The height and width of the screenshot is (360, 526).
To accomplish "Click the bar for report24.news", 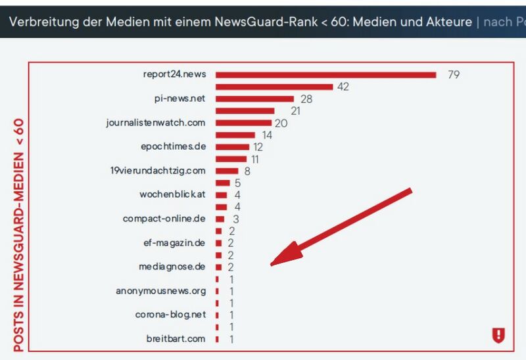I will (x=325, y=75).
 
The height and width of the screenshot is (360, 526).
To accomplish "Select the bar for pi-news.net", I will (x=254, y=99).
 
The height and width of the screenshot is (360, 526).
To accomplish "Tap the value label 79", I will (x=453, y=75).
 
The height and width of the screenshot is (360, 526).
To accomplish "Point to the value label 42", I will (x=343, y=87).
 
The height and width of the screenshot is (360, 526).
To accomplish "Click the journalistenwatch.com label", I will (x=156, y=123).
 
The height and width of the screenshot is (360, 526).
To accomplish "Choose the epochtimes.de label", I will (x=173, y=146).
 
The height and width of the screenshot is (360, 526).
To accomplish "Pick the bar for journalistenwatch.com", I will (x=243, y=123).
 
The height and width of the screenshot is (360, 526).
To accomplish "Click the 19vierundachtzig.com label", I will (x=158, y=171).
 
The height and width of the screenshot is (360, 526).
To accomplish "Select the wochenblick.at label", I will (x=172, y=195).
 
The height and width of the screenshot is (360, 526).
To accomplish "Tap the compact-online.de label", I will (x=164, y=219).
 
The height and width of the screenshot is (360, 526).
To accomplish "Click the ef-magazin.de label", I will (x=174, y=243).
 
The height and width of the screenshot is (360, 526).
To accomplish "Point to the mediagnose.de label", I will (x=172, y=267).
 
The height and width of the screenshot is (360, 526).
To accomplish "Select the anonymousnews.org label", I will (x=161, y=291).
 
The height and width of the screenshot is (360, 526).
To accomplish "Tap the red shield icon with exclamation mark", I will (x=498, y=336).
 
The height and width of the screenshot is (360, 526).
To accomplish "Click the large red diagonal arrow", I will (x=342, y=227).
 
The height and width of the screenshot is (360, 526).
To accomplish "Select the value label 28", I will (x=306, y=99).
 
